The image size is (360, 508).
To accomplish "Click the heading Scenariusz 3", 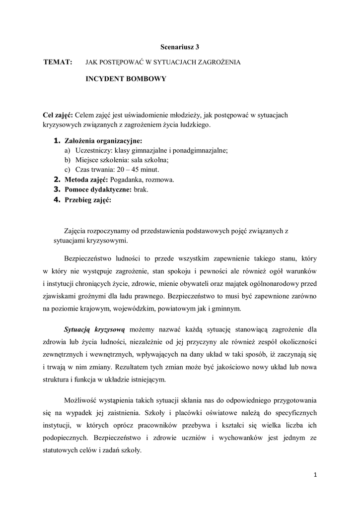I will coord(180,47).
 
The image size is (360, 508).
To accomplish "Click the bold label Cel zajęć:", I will coord(59,115).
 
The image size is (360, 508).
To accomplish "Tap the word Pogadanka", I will coord(127,179).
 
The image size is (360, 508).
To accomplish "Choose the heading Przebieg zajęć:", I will coord(88,200).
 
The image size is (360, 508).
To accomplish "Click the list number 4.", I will coord(57,200).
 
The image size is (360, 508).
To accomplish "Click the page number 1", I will coord(315,475).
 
